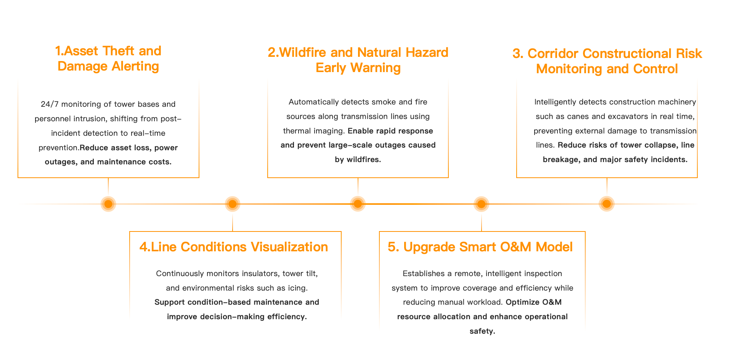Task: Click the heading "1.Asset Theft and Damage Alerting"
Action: coord(108,58)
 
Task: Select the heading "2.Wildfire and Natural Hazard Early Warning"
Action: coord(358,60)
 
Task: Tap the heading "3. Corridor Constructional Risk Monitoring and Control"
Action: coord(607,61)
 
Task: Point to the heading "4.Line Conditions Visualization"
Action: coord(234,247)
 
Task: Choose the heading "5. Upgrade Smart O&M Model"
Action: coord(480,247)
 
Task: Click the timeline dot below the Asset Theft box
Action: coord(108,204)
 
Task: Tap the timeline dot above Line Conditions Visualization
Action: coord(233,204)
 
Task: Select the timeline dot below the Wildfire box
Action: coord(358,204)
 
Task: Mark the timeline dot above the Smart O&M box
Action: coord(482,204)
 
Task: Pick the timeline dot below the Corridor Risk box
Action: coord(607,204)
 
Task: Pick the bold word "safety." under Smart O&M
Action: coord(482,331)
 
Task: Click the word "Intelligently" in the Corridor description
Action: coord(555,102)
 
